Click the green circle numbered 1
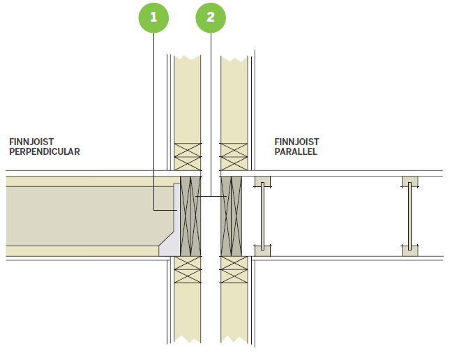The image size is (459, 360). pyautogui.click(x=153, y=17)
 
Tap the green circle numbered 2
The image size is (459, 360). pyautogui.click(x=211, y=17)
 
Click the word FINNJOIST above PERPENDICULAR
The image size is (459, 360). pyautogui.click(x=31, y=142)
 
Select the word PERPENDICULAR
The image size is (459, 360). pyautogui.click(x=45, y=151)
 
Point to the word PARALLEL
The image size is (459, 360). pyautogui.click(x=296, y=151)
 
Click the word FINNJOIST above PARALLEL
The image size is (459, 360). pyautogui.click(x=296, y=142)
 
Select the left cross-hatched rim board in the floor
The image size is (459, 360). pyautogui.click(x=190, y=216)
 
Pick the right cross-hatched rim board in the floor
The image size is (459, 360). pyautogui.click(x=232, y=216)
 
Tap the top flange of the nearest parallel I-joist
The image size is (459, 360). pyautogui.click(x=262, y=181)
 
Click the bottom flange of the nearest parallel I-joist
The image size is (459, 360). pyautogui.click(x=262, y=251)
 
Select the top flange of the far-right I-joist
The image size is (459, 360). pyautogui.click(x=410, y=181)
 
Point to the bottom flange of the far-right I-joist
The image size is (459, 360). pyautogui.click(x=410, y=251)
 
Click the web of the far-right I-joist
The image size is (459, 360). pyautogui.click(x=410, y=216)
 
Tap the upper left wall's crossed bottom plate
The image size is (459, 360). pyautogui.click(x=188, y=157)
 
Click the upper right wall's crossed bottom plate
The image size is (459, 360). pyautogui.click(x=234, y=157)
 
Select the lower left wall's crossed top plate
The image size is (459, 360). pyautogui.click(x=188, y=269)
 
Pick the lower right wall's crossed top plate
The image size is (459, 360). pyautogui.click(x=234, y=269)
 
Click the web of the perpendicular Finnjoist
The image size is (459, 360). pyautogui.click(x=88, y=216)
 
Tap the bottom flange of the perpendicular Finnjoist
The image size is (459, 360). pyautogui.click(x=82, y=251)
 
